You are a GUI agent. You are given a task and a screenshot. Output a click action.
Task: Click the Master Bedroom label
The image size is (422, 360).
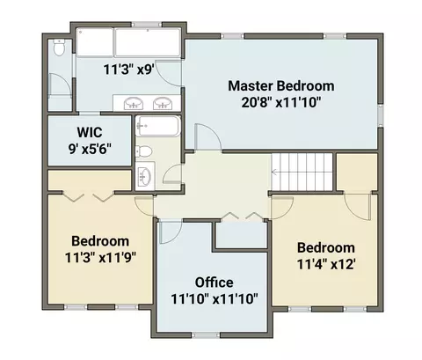point(281,86)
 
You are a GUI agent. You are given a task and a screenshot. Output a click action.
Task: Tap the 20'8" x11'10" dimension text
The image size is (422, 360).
point(281,102)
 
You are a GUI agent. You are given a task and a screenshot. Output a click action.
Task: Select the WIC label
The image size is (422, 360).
point(90,132)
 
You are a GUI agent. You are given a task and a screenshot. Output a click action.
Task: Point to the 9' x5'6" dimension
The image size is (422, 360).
point(90,149)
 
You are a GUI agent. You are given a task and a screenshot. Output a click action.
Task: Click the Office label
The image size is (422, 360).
point(215,283)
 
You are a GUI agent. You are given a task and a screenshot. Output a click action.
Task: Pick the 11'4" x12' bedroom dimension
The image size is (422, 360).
point(326,264)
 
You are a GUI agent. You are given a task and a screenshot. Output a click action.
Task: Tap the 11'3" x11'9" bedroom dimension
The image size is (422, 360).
point(100,258)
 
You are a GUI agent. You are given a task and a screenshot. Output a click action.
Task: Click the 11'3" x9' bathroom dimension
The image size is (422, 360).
point(128,70)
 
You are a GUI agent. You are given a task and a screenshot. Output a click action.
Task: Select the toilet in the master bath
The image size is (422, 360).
point(59,48)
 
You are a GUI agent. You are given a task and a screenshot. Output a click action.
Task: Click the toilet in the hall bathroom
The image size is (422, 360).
point(143,151)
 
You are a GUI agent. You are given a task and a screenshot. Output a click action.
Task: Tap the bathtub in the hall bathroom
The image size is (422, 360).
point(157,126)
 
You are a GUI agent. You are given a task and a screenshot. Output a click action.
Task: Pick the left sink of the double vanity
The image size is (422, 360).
point(134,103)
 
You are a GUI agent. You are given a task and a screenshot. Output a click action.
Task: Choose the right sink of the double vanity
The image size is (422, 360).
point(162,103)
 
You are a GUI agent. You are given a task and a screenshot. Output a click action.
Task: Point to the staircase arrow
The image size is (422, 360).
point(276,173)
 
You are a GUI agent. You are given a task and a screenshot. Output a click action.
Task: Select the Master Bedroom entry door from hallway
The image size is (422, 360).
point(207,136)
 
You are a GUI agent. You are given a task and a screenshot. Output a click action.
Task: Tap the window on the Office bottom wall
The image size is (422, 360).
point(206,335)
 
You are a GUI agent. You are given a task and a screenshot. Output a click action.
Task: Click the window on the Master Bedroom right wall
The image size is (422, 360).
point(381,115)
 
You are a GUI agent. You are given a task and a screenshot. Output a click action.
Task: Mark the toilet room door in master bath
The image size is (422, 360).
point(60,84)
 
